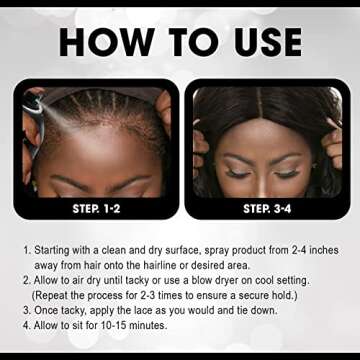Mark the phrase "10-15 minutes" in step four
(x=133, y=326)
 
